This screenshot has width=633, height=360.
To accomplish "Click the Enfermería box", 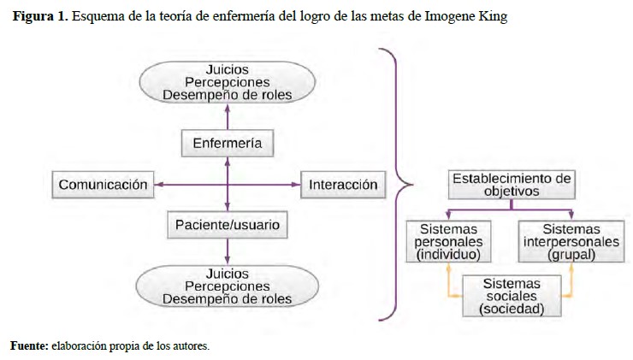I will click(227, 142).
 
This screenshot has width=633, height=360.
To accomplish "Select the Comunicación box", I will click(104, 184).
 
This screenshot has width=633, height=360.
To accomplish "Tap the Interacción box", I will click(342, 184).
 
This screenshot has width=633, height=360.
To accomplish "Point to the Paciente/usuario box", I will click(227, 225).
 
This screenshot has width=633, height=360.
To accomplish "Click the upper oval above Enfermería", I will click(227, 83).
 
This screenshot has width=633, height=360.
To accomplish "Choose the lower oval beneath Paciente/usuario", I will click(227, 286).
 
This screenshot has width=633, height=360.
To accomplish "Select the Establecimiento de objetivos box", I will click(511, 185).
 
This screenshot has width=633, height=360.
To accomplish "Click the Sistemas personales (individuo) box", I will click(448, 242).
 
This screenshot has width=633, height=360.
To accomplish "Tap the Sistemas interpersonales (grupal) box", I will click(571, 242).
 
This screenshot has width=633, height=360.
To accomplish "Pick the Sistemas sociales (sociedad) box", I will click(511, 295).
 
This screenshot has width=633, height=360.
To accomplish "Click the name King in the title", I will click(491, 17).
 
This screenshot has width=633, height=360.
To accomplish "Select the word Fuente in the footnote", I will click(27, 345).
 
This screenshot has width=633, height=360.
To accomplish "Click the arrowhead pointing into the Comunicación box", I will click(158, 184).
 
